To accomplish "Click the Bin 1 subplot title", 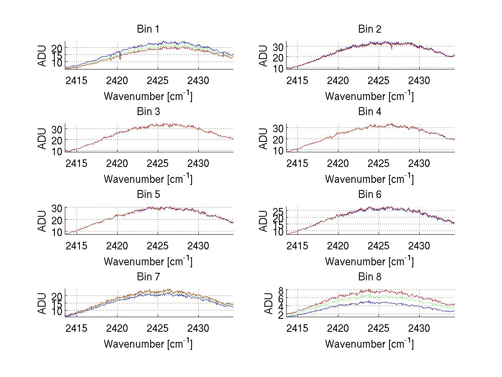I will tap(148, 29).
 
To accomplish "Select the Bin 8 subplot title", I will tap(370, 277).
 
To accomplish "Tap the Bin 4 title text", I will tap(370, 111).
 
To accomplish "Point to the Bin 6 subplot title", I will tap(370, 194).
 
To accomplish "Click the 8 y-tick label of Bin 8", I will tap(281, 290).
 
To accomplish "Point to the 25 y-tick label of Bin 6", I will tap(279, 210).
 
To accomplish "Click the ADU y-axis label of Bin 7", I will tap(42, 303).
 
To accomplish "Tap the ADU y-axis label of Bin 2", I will tap(264, 55).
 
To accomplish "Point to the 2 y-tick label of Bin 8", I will tap(281, 315).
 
